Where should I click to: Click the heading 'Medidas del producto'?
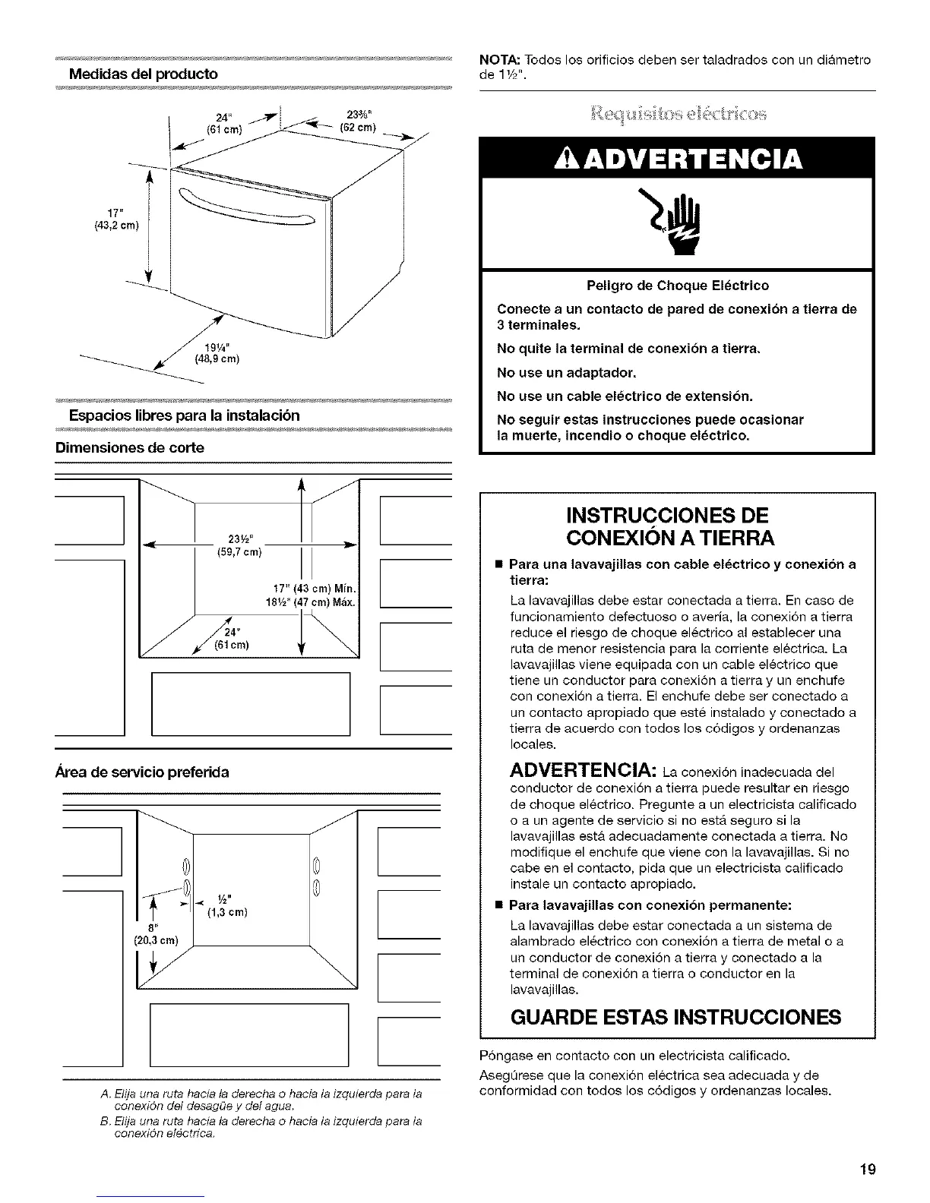coord(144,74)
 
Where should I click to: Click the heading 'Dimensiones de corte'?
coord(130,448)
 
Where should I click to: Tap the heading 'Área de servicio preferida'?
coord(142,772)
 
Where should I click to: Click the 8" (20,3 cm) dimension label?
coord(155,933)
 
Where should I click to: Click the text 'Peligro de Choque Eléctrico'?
coord(678,286)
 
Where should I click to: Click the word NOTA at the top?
coord(495,60)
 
